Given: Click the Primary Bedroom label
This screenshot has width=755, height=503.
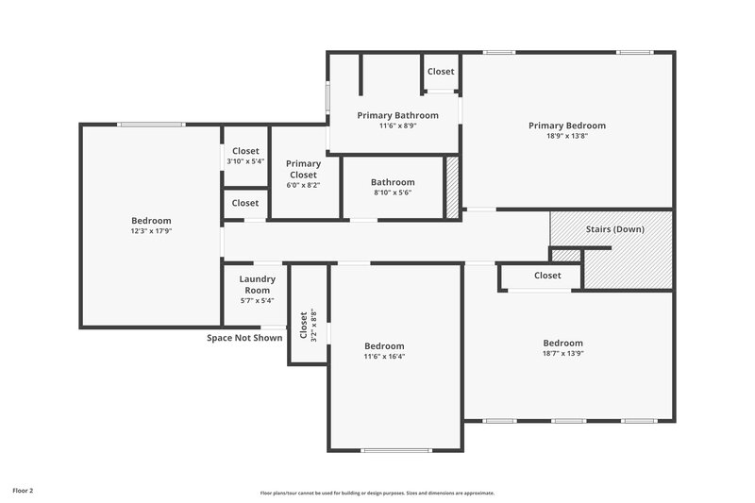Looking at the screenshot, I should tap(566, 126).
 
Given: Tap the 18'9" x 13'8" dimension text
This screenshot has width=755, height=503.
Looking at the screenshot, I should tap(566, 136).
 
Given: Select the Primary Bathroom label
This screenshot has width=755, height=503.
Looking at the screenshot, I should tap(397, 115).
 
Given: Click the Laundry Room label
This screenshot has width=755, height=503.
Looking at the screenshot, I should tap(256, 284).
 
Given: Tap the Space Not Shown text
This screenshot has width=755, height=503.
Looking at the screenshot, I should tap(244, 337).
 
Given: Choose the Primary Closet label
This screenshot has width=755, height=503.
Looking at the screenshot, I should tap(303, 169).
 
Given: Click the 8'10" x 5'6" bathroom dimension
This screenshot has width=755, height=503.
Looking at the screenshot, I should tap(393, 193).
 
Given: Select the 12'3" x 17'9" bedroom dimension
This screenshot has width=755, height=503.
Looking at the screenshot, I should tap(151, 230).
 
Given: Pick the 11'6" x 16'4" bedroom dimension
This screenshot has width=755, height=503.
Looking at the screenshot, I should tap(384, 357).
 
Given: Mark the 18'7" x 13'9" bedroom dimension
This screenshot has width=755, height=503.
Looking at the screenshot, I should tap(562, 353).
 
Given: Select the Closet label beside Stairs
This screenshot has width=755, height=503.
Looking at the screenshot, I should tap(547, 276).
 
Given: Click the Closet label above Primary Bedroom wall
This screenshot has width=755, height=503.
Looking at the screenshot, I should tap(441, 72).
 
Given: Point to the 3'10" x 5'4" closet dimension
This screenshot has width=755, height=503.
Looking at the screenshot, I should tap(245, 161).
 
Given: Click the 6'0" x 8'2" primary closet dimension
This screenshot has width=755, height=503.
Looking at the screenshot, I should tap(303, 185).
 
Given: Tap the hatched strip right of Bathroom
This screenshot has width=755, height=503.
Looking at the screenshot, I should tap(453, 187).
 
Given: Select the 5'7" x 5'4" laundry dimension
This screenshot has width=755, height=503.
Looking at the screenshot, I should tap(256, 301).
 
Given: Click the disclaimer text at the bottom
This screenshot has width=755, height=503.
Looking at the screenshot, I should tap(377, 493).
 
